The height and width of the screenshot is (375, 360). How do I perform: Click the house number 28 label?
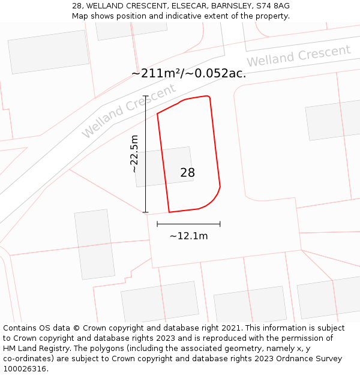pos(187,173)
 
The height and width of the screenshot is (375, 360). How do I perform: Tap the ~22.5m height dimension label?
pos(134,154)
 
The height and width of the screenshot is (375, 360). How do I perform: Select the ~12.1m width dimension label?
pos(188,236)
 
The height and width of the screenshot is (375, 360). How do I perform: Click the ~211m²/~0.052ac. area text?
pos(188,74)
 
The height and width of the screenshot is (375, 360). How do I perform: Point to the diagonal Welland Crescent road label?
pos(128,111)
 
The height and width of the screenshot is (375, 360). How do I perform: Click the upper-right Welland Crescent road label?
pos(298,56)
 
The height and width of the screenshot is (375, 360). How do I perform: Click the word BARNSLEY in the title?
pos(230,5)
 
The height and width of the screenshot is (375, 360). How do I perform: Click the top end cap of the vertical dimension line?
pos(146,96)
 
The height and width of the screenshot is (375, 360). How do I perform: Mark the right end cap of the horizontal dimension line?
pos(220,224)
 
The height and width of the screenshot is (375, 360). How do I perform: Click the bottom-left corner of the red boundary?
pos(169,212)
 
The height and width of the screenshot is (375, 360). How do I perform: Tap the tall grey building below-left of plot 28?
pos(95,244)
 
